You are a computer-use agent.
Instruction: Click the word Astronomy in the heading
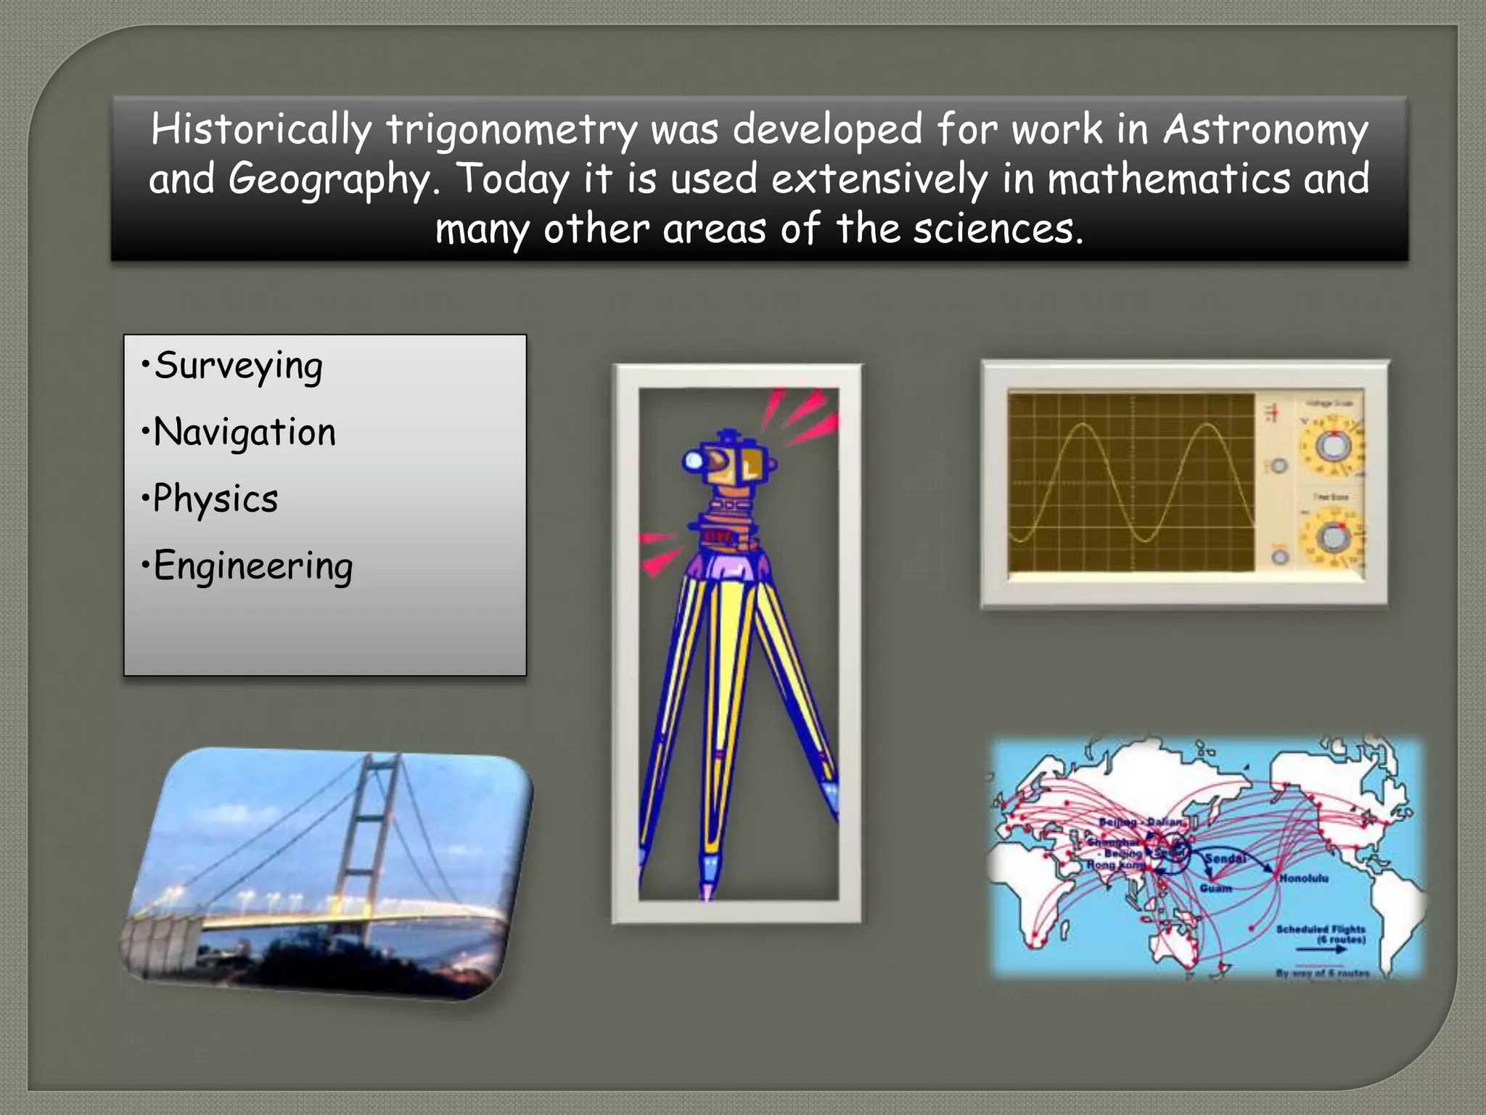pos(1265,131)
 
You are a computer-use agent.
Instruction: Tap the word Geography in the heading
pos(330,180)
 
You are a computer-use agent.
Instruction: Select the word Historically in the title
pos(261,131)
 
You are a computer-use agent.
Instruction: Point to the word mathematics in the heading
pos(1168,179)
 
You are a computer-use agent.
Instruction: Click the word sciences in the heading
pos(997,229)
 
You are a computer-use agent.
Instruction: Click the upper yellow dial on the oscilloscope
pos(1330,445)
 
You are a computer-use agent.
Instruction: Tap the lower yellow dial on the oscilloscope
pos(1333,537)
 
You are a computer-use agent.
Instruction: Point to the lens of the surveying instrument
pos(693,460)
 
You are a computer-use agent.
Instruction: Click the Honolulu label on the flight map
pos(1304,878)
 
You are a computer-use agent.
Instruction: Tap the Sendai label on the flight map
pos(1226,859)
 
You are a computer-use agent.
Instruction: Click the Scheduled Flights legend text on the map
pos(1321,930)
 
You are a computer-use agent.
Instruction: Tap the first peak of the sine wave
pos(1082,426)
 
